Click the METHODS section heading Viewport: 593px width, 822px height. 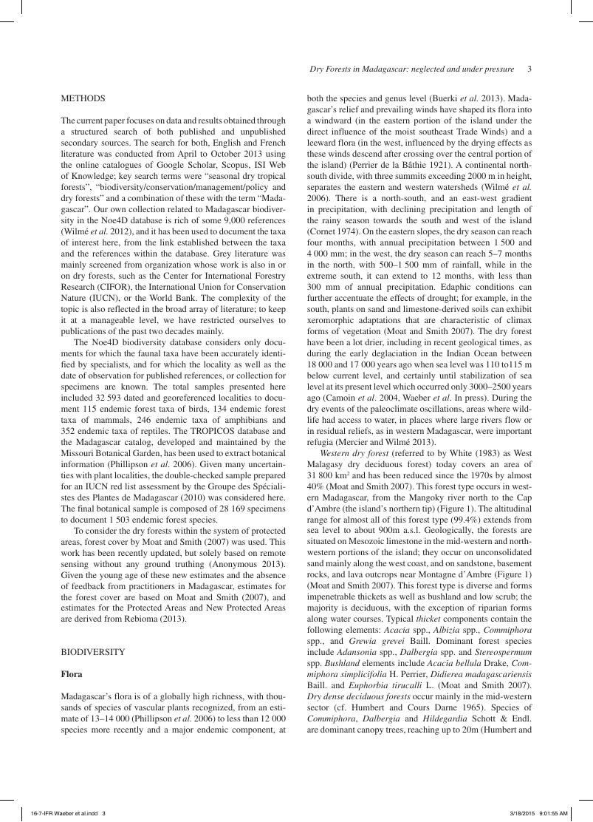click(x=83, y=98)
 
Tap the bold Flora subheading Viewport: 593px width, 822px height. click(x=72, y=674)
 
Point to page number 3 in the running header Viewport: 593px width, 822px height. click(x=530, y=69)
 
